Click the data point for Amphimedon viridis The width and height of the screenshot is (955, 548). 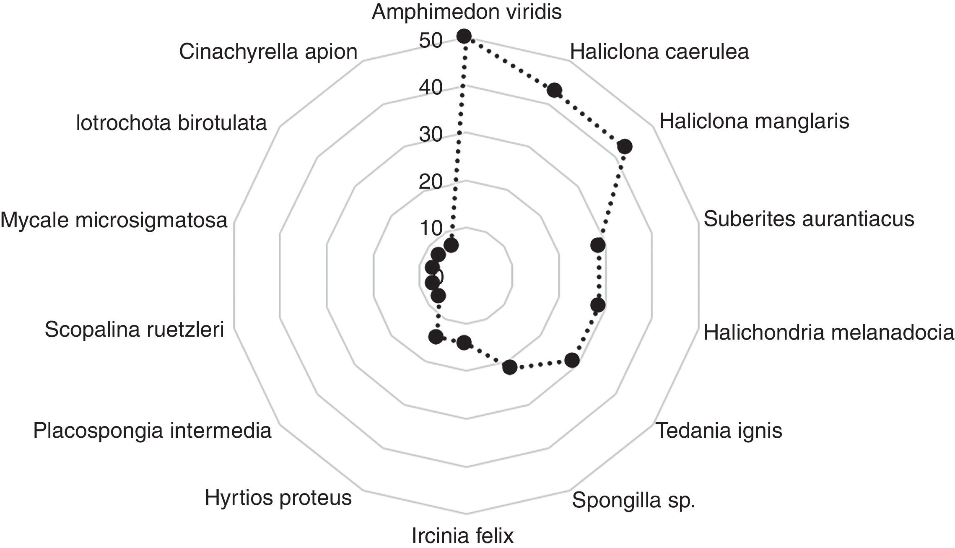point(464,36)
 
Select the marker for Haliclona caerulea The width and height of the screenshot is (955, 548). point(555,90)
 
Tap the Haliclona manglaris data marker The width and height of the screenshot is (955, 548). point(625,147)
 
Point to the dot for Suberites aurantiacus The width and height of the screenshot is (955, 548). point(598,245)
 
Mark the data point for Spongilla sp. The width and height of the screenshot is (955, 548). point(510,367)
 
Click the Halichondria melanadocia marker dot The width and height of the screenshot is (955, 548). point(598,305)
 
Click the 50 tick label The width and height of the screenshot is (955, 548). point(431,41)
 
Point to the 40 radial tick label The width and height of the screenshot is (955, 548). point(431,88)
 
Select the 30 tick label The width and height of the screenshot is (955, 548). point(431,135)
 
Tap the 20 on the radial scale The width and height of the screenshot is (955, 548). point(431,182)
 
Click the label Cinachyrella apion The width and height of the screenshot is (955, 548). point(268,52)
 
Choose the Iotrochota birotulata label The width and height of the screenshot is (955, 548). point(171,123)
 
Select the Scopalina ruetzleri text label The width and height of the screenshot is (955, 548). point(135,330)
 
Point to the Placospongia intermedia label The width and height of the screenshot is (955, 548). point(152,431)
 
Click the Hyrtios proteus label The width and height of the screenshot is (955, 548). point(278,498)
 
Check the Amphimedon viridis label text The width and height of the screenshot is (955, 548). point(467,12)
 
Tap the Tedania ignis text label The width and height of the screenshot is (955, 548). point(719,431)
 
